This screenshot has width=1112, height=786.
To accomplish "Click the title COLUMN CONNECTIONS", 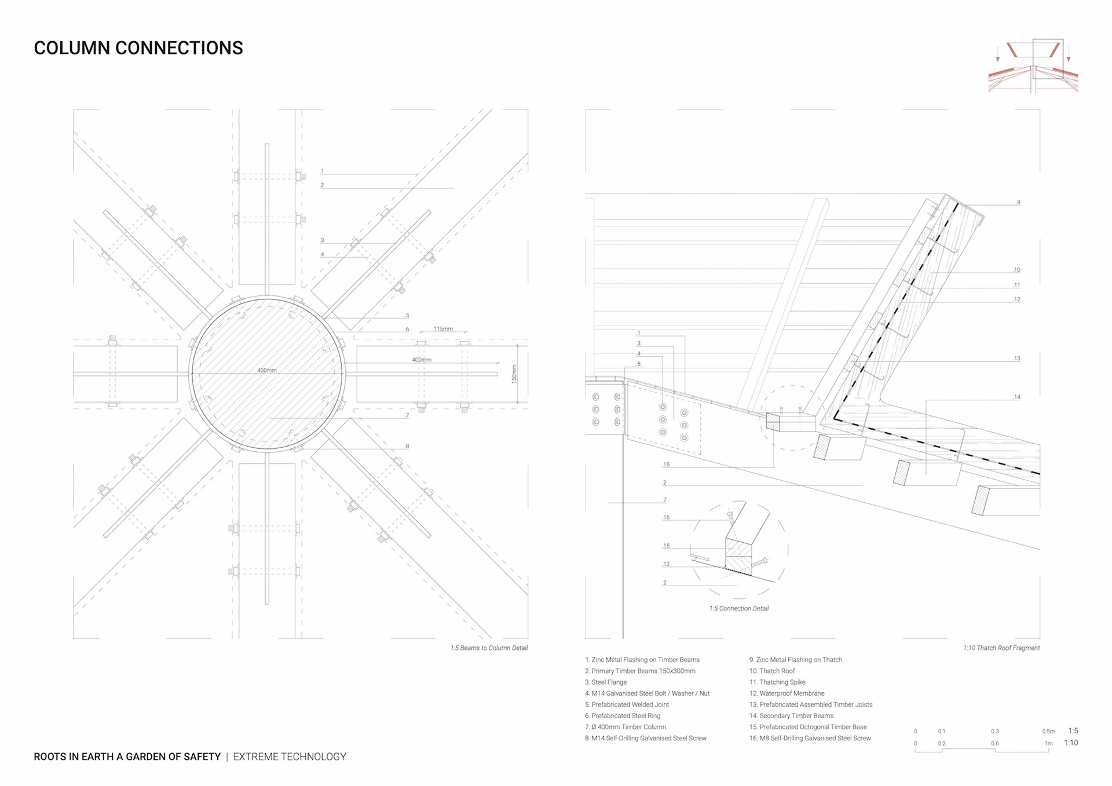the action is (x=138, y=48).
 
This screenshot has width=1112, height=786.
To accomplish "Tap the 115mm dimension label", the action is (x=443, y=329).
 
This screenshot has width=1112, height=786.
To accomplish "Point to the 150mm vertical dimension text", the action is (x=514, y=374).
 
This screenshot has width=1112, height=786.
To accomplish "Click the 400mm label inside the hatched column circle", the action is (x=266, y=370).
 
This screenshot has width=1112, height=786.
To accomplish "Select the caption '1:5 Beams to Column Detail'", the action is (x=489, y=648).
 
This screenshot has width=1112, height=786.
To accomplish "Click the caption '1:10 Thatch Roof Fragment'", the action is (x=1001, y=648).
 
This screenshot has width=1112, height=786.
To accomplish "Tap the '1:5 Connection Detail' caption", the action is (x=739, y=609).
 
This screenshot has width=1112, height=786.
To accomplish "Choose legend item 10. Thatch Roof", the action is (x=772, y=671).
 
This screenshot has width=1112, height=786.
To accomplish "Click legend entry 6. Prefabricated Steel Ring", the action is (x=623, y=716).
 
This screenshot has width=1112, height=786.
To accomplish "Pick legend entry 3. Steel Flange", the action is (x=606, y=682).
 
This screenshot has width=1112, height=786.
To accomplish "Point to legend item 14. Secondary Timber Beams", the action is (x=791, y=716).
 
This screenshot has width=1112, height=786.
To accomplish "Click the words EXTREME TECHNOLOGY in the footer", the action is (x=290, y=756).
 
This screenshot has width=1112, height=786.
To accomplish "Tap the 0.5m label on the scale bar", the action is (x=1048, y=732).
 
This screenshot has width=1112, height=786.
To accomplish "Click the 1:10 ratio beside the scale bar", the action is (x=1071, y=743).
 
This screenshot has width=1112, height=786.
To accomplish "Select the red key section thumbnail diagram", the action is (x=1033, y=66).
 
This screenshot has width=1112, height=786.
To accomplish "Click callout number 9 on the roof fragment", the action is (x=1019, y=203).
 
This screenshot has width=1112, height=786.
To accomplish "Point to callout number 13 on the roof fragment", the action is (x=1017, y=359).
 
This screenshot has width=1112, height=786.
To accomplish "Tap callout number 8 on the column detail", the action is (x=407, y=447).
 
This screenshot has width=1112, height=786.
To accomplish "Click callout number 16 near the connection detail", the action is (x=667, y=518).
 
